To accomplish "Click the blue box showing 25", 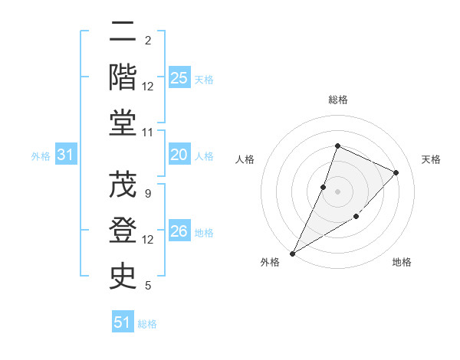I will click(x=179, y=78).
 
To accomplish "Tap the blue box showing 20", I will click(x=179, y=155).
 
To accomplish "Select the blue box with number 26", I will click(x=179, y=232).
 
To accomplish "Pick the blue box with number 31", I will click(x=66, y=155).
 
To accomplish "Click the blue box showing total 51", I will click(x=123, y=322).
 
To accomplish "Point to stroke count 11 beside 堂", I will click(x=148, y=133).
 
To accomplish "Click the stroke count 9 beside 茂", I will click(x=148, y=194).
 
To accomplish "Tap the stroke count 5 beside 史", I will click(x=148, y=286).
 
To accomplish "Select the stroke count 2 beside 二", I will click(x=148, y=41).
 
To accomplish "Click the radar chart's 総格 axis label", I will click(x=337, y=100).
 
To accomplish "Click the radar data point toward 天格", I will click(x=396, y=172).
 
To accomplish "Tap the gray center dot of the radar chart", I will click(x=337, y=191).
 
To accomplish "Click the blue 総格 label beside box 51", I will click(x=147, y=324).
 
